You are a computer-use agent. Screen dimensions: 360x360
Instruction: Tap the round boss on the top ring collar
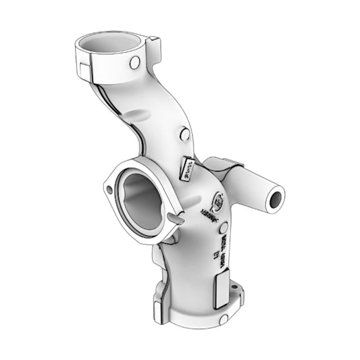134,62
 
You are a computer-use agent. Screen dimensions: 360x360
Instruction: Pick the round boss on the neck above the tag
182,134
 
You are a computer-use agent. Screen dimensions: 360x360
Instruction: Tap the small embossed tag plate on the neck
187,168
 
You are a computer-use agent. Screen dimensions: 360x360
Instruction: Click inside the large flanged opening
141,199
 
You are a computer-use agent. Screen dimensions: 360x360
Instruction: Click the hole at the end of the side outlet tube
276,199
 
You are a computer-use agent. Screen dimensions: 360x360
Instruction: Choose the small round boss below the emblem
224,228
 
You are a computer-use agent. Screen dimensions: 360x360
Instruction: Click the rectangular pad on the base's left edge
157,308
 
